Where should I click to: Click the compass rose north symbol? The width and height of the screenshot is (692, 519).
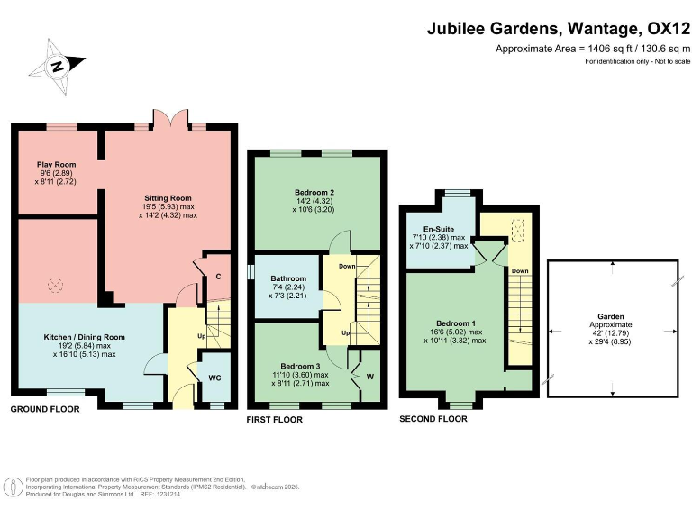[x=57, y=66]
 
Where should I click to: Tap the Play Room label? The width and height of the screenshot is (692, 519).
[x=56, y=165]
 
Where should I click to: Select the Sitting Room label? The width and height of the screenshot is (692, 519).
[x=168, y=197]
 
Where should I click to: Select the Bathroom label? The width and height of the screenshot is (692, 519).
[x=287, y=278]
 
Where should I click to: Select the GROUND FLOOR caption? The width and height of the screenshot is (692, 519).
[x=45, y=409]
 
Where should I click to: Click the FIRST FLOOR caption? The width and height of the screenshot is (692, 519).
[x=275, y=420]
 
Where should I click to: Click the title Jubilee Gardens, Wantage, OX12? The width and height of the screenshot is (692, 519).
[x=558, y=29]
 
